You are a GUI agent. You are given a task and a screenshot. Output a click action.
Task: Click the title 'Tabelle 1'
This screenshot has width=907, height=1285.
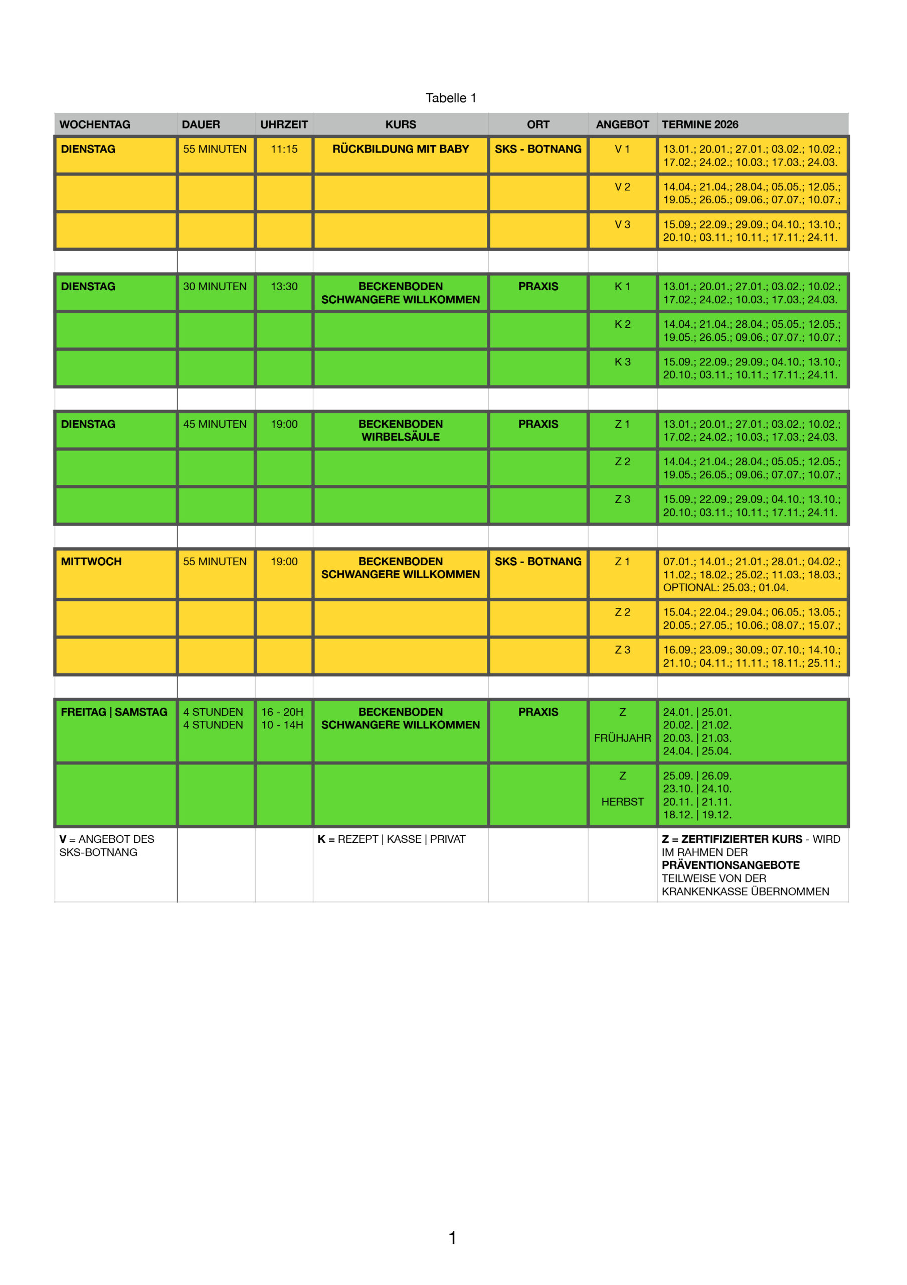pyautogui.click(x=450, y=98)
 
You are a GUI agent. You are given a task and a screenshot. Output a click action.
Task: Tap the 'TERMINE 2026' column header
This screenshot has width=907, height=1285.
pyautogui.click(x=699, y=124)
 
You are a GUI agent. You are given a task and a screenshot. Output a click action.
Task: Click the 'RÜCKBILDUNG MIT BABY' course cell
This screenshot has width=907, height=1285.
pyautogui.click(x=401, y=149)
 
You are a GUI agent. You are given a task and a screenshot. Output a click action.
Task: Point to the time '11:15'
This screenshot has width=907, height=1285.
pyautogui.click(x=284, y=149)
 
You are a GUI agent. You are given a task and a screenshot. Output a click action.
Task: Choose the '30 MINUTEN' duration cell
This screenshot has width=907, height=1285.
pyautogui.click(x=215, y=286)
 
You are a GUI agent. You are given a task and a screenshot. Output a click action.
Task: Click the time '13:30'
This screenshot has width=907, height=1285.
pyautogui.click(x=284, y=286)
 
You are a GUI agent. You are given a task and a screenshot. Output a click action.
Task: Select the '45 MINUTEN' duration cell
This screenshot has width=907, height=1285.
pyautogui.click(x=215, y=424)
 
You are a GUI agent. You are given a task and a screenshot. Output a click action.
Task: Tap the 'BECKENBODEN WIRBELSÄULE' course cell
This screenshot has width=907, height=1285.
pyautogui.click(x=401, y=430)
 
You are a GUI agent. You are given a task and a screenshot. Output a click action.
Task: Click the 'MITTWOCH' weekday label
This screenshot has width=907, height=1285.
pyautogui.click(x=91, y=561)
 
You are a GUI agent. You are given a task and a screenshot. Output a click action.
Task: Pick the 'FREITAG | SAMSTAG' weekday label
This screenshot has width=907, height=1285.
pyautogui.click(x=114, y=712)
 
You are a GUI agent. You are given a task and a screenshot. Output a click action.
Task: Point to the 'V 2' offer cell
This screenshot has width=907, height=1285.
pyautogui.click(x=622, y=187)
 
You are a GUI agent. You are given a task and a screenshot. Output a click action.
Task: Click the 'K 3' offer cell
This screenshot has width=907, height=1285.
pyautogui.click(x=622, y=362)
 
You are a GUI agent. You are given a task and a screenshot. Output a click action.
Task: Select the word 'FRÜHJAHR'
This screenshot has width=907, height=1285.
pyautogui.click(x=622, y=738)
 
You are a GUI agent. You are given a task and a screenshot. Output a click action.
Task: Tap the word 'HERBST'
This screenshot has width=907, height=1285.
pyautogui.click(x=622, y=802)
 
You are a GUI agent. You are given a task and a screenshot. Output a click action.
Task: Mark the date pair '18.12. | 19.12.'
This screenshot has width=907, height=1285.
pyautogui.click(x=697, y=815)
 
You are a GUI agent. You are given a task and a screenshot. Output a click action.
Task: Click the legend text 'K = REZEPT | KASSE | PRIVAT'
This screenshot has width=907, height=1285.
pyautogui.click(x=392, y=839)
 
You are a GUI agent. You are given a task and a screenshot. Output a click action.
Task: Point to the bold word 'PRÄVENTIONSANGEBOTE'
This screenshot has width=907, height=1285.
pyautogui.click(x=731, y=865)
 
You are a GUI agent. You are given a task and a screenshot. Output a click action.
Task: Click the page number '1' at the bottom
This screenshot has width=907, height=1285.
pyautogui.click(x=452, y=1237)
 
